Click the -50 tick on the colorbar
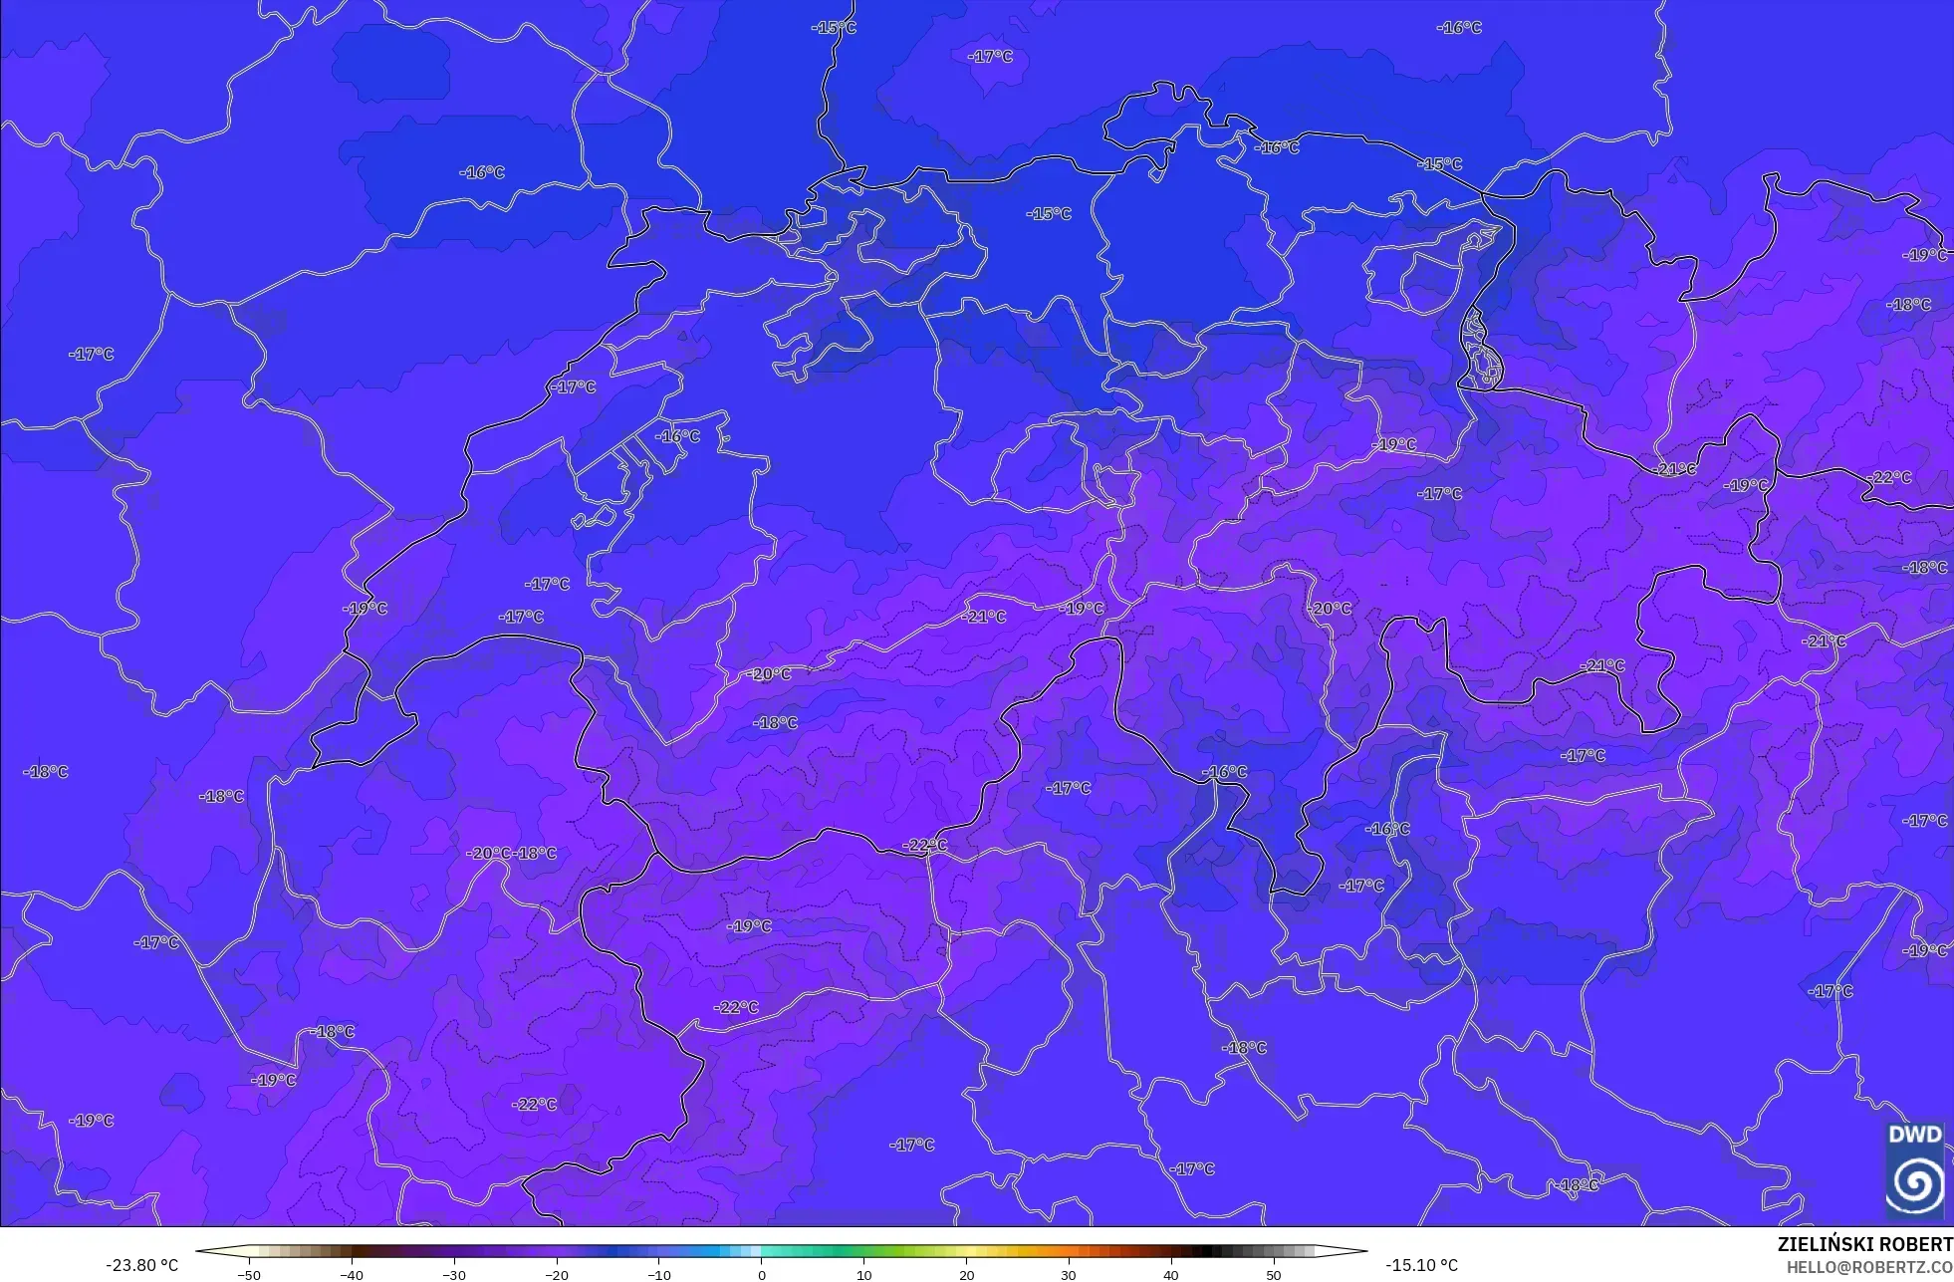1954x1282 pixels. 250,1274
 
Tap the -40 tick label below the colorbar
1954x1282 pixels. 352,1274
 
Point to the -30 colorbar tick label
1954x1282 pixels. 454,1274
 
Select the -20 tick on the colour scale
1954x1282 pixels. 557,1274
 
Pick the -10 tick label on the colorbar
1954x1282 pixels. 659,1274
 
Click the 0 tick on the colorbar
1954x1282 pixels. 762,1274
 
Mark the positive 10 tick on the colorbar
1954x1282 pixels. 863,1274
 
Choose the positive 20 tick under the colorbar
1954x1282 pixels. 966,1274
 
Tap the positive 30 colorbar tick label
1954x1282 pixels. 1069,1274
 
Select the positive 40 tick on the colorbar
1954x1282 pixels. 1170,1274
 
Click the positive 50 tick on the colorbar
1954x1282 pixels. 1273,1274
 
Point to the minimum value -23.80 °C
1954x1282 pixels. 142,1265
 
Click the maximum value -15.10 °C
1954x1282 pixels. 1421,1265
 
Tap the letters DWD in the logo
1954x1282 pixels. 1914,1135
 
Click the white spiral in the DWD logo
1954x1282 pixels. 1914,1182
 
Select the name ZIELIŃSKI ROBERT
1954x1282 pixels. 1864,1244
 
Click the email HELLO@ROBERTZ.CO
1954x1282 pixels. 1868,1267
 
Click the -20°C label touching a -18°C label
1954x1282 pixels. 489,854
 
